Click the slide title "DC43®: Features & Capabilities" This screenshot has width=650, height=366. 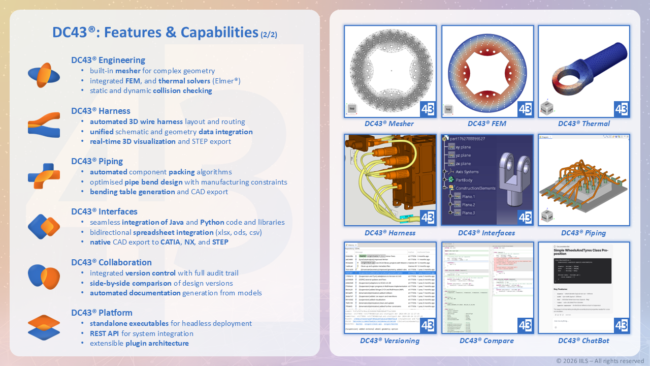click(x=155, y=33)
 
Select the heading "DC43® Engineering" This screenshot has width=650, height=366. click(x=108, y=60)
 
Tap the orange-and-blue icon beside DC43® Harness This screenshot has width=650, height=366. click(x=44, y=126)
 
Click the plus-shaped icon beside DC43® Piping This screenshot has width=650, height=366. click(x=44, y=176)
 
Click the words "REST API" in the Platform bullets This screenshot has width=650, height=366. click(x=105, y=333)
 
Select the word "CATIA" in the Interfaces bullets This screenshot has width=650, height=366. click(x=170, y=242)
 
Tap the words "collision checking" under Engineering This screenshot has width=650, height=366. click(x=182, y=90)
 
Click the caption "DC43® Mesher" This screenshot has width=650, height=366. click(x=389, y=124)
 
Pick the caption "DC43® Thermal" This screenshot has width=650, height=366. click(x=584, y=124)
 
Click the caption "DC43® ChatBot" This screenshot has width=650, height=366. click(x=583, y=341)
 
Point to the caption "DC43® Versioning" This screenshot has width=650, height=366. click(x=389, y=341)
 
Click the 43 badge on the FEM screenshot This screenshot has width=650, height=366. click(x=525, y=109)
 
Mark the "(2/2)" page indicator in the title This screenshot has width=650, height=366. click(x=269, y=35)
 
